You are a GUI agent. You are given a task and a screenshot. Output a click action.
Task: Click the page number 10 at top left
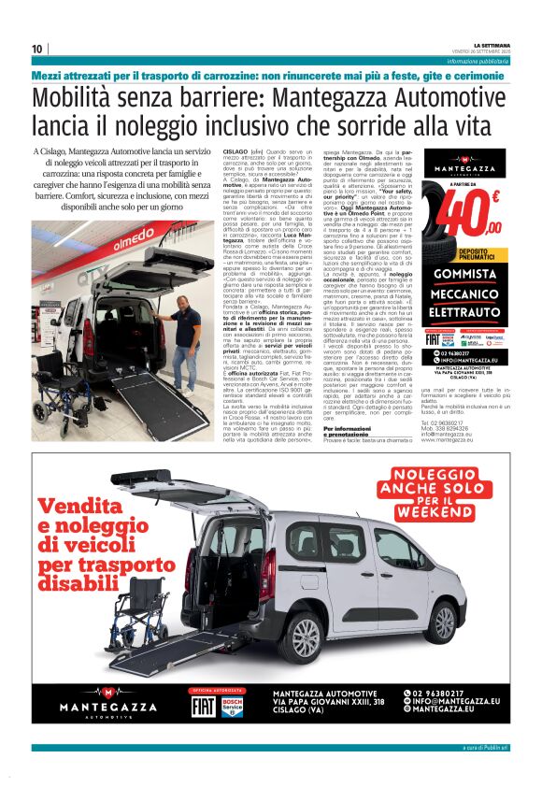(x=37, y=49)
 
